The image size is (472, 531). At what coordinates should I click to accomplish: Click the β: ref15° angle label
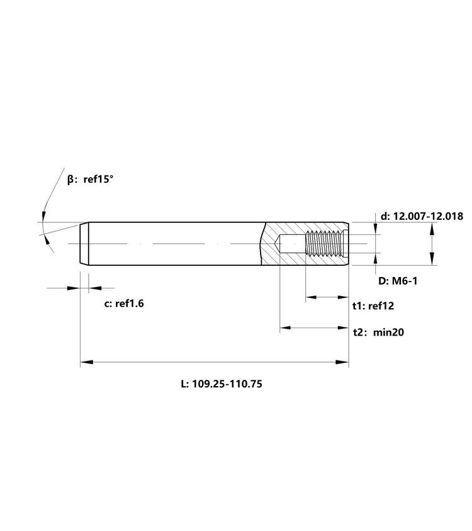pos(90,179)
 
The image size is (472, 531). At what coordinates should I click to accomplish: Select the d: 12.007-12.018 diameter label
pos(422,216)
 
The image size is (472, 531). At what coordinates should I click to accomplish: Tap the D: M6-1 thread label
pos(398,281)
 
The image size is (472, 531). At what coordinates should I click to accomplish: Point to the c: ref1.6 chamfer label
pos(124,304)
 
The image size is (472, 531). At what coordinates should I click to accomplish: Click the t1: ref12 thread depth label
pos(373,306)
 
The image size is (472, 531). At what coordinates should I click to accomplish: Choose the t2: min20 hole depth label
pos(378,332)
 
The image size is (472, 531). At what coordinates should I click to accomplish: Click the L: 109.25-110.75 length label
pos(222,384)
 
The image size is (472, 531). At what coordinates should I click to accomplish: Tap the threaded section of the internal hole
pos(324,243)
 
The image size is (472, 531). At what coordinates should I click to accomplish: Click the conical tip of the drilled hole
pos(276,244)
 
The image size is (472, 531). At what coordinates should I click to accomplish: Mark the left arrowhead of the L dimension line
pos(87,362)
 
